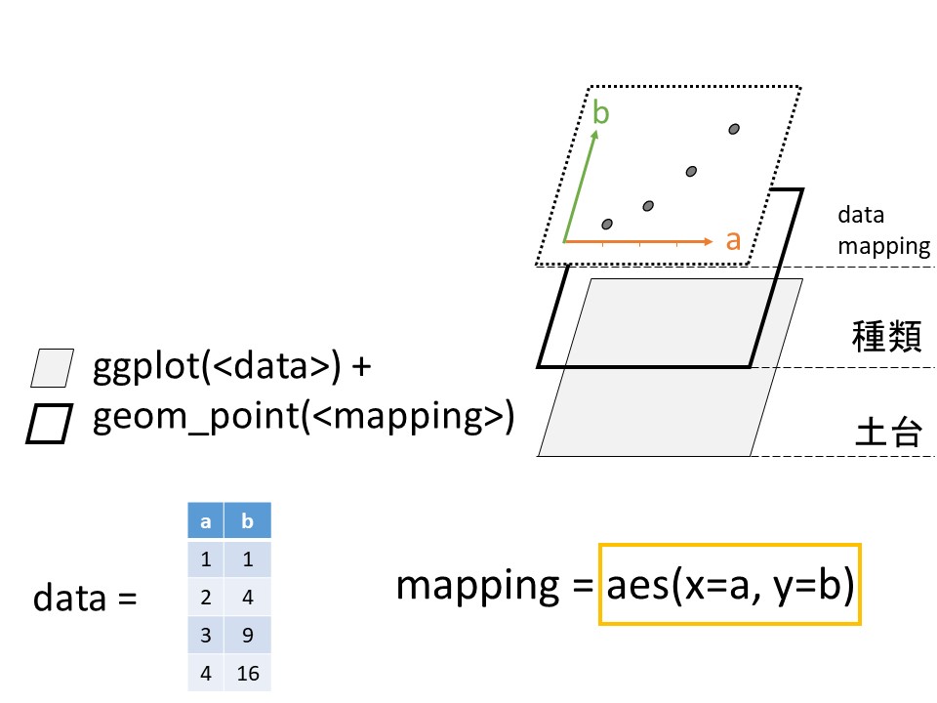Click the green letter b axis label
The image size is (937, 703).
tap(601, 114)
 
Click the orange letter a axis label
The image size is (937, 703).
tap(733, 239)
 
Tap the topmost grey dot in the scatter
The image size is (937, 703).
tap(734, 129)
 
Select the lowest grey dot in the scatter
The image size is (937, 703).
tap(607, 225)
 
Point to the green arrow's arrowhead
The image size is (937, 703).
tap(593, 134)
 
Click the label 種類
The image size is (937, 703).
tap(881, 338)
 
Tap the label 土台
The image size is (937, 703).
tap(881, 432)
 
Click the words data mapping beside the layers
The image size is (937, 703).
tap(883, 230)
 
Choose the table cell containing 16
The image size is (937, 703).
tap(248, 673)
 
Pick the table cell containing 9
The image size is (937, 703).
tap(248, 635)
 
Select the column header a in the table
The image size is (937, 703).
tap(206, 521)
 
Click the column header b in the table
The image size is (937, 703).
tap(248, 521)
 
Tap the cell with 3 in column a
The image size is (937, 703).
tap(206, 635)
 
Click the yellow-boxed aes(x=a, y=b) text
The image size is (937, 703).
tap(730, 585)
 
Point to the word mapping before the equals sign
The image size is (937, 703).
tap(476, 586)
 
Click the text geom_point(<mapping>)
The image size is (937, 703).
tap(303, 417)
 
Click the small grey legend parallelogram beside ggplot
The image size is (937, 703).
tap(53, 368)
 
